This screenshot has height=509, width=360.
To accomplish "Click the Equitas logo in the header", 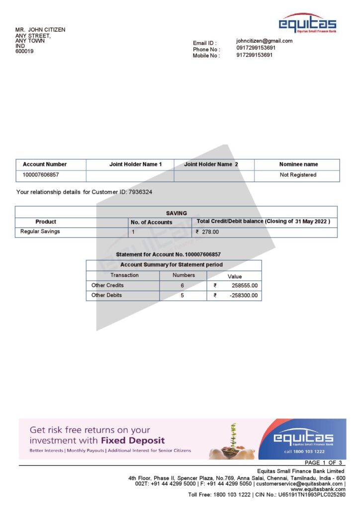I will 307,23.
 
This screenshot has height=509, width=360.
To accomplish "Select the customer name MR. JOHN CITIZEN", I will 40,30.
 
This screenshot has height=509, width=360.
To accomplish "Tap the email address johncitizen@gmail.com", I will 265,41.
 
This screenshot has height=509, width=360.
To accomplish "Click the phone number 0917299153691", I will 256,48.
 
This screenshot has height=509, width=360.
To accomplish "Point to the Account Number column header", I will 45,165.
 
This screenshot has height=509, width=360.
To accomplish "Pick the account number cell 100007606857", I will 41,175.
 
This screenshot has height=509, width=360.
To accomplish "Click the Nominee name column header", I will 298,165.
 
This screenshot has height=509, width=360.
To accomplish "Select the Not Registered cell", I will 298,175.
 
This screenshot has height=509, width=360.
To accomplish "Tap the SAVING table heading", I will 177,213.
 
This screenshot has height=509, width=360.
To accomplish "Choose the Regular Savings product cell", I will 40,232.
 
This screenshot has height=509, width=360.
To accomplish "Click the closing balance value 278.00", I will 210,232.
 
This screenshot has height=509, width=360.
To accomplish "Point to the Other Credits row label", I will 107,285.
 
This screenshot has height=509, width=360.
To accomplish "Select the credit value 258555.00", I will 244,286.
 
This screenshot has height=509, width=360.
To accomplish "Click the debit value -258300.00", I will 243,295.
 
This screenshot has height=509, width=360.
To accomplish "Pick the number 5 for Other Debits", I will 182,295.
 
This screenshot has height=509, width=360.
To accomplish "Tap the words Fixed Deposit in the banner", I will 133,440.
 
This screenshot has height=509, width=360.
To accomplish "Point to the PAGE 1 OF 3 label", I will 323,463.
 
